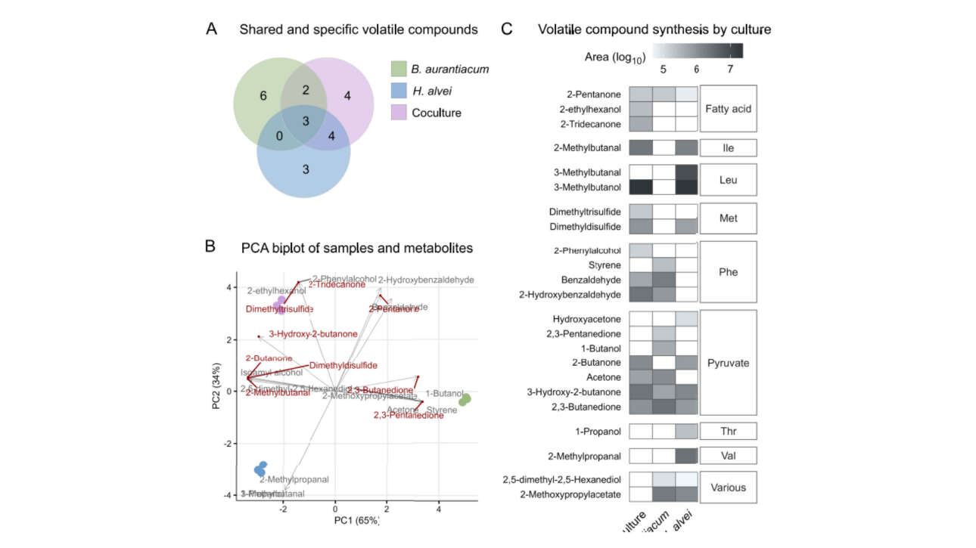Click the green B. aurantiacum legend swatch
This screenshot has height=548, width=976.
(398, 70)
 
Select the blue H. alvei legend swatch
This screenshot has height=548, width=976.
(398, 91)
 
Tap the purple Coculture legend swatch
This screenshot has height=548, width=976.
(398, 113)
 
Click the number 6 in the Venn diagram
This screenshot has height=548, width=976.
(263, 96)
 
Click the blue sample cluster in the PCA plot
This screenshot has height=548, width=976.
(261, 469)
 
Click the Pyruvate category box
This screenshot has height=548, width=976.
(728, 363)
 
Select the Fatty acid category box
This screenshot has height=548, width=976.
(728, 109)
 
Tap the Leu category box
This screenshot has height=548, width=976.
(728, 181)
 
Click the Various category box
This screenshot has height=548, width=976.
(728, 487)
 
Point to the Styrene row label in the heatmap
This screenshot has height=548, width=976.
(605, 265)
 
